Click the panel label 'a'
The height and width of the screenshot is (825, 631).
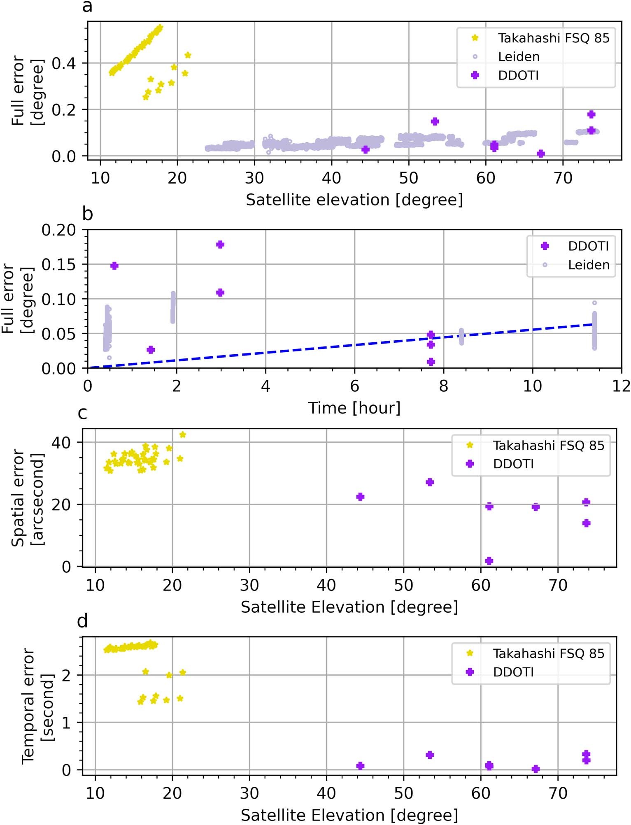click(x=87, y=7)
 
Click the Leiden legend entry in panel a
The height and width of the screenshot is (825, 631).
click(x=518, y=57)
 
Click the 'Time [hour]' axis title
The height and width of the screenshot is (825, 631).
click(x=354, y=408)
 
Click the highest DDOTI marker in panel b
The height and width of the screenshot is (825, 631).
click(x=220, y=245)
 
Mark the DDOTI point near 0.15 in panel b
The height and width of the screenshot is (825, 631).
click(x=114, y=266)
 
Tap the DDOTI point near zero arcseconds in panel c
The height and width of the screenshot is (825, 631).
click(x=489, y=561)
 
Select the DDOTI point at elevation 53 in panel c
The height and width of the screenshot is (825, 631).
click(x=430, y=482)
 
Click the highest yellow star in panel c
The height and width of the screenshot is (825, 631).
click(x=183, y=435)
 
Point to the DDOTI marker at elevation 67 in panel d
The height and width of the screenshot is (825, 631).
click(x=536, y=769)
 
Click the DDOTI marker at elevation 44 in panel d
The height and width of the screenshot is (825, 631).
click(x=360, y=766)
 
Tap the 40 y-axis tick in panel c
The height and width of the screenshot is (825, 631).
click(x=61, y=443)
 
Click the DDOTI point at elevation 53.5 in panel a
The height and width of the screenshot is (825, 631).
click(x=435, y=121)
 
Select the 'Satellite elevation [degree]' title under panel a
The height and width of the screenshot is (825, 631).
click(x=354, y=200)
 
